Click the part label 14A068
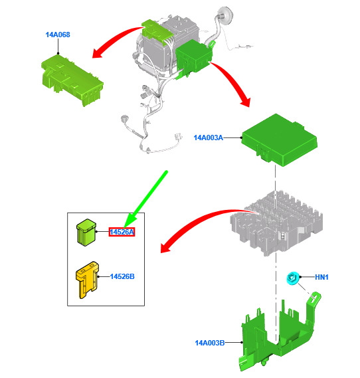[58, 35]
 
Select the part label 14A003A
[209, 138]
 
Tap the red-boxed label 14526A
[122, 232]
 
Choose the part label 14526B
[122, 276]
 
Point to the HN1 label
[321, 277]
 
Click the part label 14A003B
[210, 343]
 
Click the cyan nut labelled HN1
[293, 278]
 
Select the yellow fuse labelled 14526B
[87, 280]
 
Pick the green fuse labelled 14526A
[86, 233]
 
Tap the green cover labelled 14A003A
[280, 140]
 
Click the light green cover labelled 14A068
[72, 80]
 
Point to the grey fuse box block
[276, 223]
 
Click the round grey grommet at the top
[226, 15]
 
